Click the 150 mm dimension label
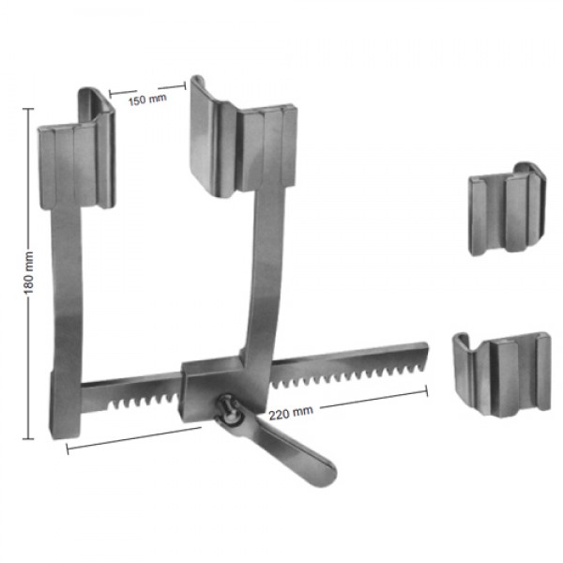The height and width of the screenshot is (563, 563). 147,99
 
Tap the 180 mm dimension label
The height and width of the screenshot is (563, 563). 29,273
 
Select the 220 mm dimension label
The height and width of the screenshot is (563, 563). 291,413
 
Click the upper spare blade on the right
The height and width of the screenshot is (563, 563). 507,209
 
